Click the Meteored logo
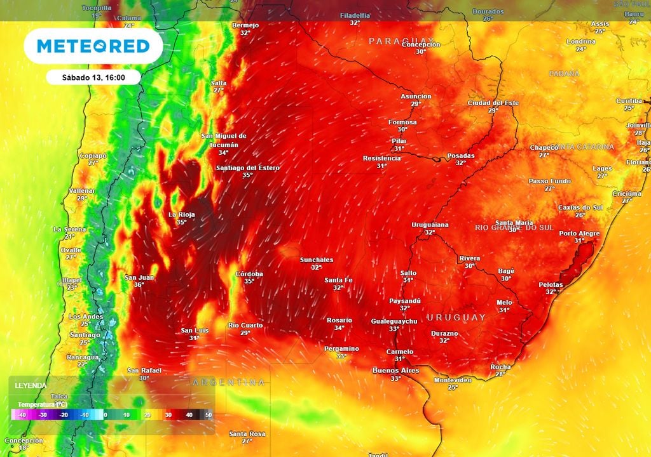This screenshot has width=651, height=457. tap(93, 46)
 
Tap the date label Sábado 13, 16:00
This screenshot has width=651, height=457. tap(93, 77)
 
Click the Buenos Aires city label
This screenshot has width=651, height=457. tap(395, 370)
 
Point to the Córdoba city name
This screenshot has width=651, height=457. tap(249, 274)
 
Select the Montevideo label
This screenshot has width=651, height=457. tap(453, 380)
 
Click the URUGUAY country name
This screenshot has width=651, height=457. tap(456, 317)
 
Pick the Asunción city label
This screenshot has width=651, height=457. tap(416, 96)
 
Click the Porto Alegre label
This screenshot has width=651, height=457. tap(579, 234)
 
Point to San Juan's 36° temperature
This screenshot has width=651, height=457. tap(139, 285)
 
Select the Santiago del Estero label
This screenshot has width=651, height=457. tap(247, 168)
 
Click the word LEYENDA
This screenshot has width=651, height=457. tap(31, 385)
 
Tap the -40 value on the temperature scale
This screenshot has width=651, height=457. tap(22, 415)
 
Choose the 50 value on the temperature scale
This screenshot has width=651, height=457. tap(209, 415)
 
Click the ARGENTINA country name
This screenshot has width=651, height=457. tap(229, 382)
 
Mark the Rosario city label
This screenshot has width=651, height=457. tap(339, 320)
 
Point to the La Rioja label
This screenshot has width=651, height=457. tap(181, 215)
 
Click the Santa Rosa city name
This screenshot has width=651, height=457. tap(247, 434)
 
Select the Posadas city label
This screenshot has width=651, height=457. tap(460, 156)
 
